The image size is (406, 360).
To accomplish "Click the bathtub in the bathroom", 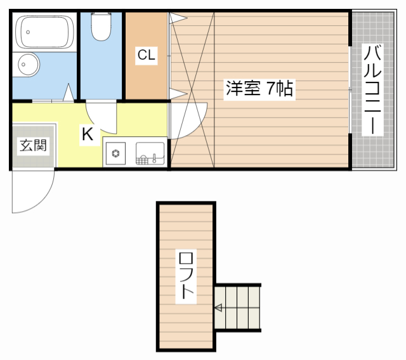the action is tap(44, 32).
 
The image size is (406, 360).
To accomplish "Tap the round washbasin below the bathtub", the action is tap(28, 65).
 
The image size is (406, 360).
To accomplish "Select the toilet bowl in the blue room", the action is tap(101, 27).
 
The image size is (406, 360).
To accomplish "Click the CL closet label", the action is tap(147, 55).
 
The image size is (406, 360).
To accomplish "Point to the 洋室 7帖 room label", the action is tap(259, 89).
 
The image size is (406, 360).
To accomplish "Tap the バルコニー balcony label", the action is tap(372, 89).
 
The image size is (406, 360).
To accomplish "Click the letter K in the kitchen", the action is tap(88, 134).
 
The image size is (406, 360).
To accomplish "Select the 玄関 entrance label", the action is tap(34, 146).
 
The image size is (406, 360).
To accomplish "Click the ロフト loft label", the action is tap(186, 276).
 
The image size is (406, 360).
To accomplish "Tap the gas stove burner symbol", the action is tap(115, 153).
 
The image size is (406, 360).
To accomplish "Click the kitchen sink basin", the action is tap(150, 153).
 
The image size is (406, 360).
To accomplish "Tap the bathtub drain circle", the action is tap(28, 32).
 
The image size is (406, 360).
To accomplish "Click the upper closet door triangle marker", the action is tap(178, 18).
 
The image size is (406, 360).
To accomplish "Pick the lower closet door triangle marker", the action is tap(178, 94).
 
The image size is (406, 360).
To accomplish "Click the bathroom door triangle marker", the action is tap(69, 92).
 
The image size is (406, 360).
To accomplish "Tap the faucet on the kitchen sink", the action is tap(155, 158).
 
